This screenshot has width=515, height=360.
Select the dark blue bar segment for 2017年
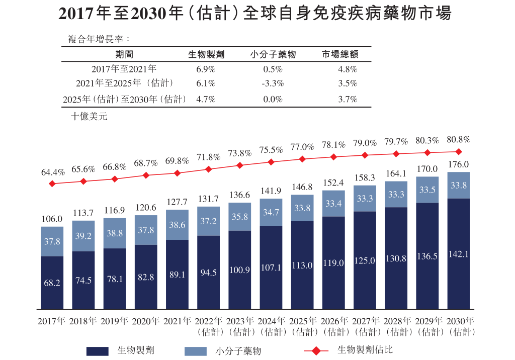coord(52,283)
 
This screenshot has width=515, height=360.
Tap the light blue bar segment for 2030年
coord(458,185)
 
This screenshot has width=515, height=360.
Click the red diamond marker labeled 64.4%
coord(52,184)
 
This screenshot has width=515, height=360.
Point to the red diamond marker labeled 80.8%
coord(458,151)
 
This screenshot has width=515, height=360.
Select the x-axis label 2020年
coord(146,321)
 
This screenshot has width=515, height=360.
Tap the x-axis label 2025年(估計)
coord(302,326)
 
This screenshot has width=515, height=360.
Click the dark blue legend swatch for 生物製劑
coord(98,351)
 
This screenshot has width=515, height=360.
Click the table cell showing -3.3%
coord(273,83)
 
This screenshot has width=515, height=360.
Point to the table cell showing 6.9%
coord(206,69)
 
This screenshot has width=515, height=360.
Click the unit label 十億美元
coord(89,116)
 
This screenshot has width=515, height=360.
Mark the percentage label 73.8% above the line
coord(240,153)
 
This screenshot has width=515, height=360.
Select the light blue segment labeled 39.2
coord(83,236)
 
